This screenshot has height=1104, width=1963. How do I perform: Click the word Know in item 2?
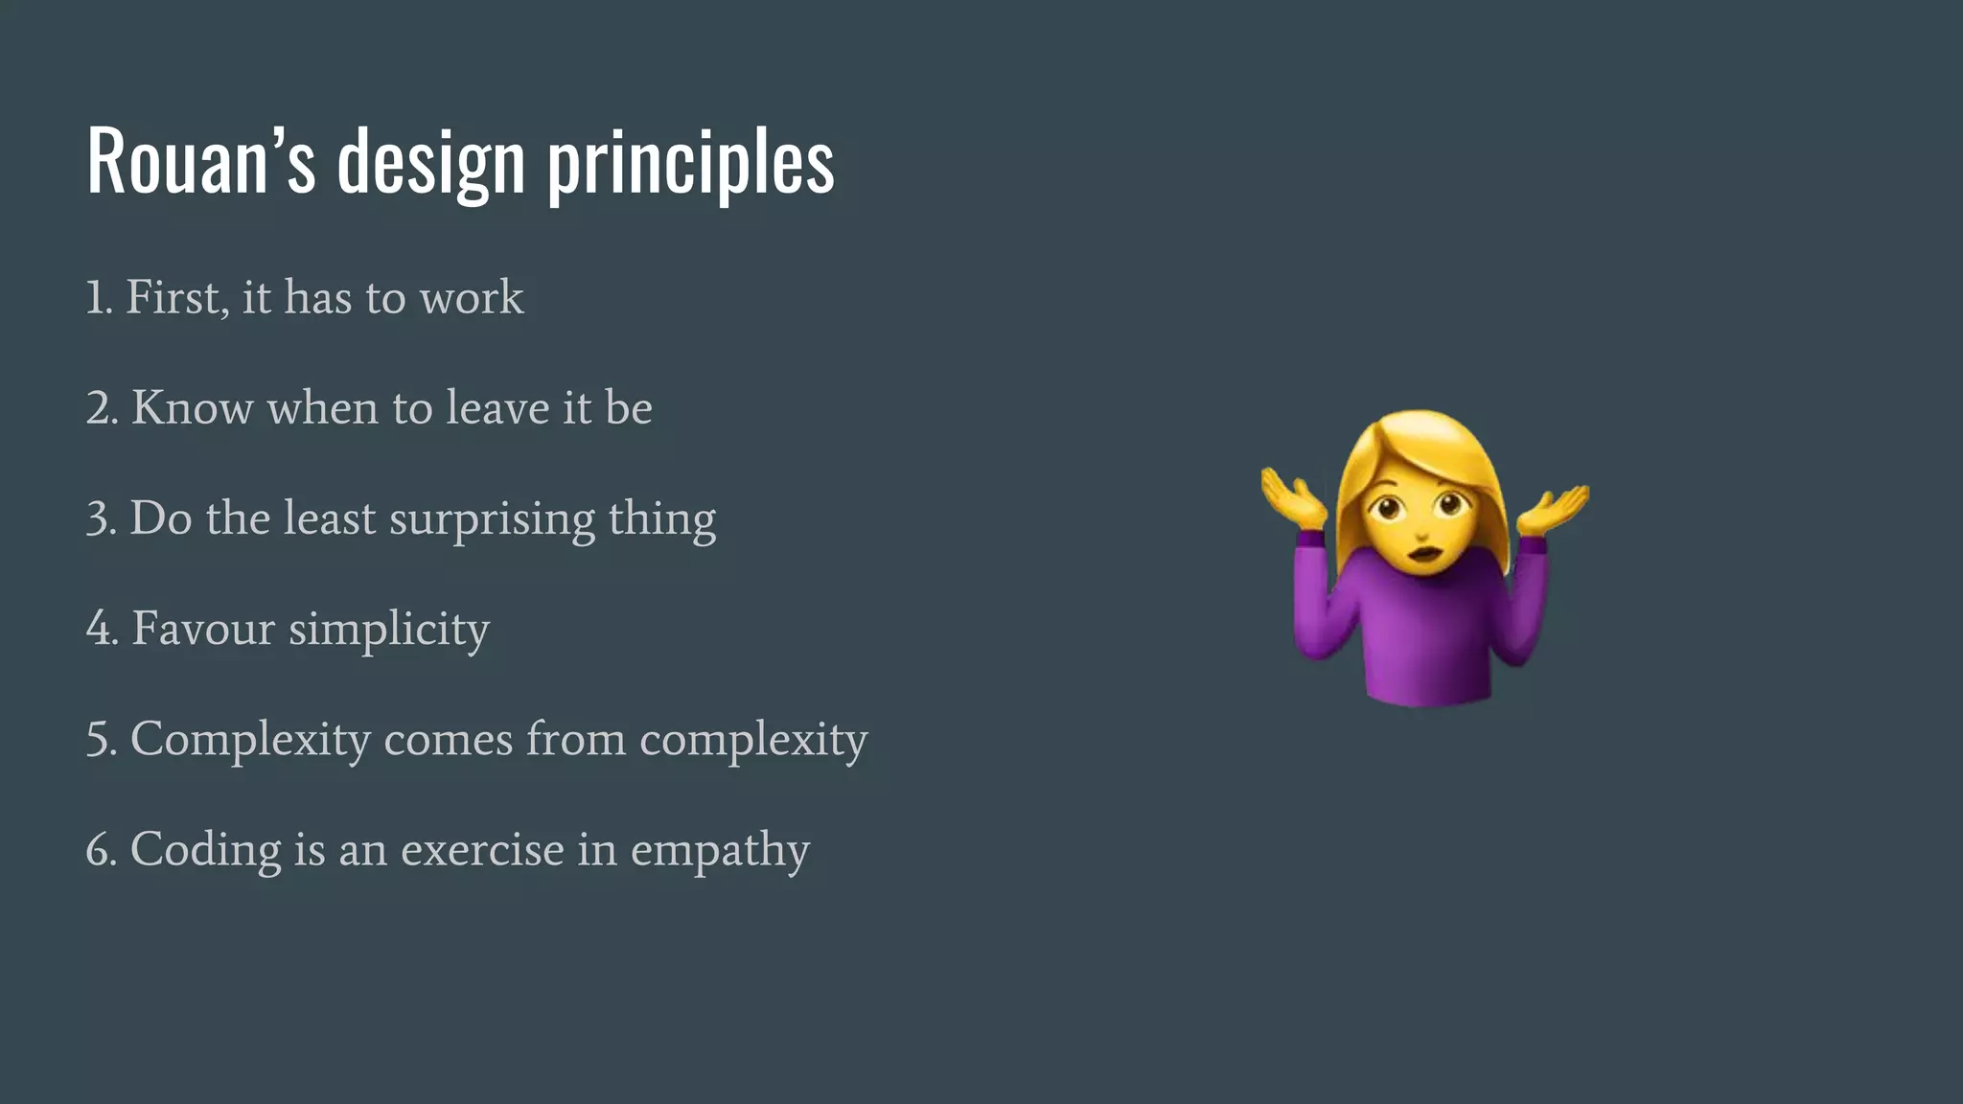(192, 408)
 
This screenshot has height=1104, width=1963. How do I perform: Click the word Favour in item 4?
(203, 629)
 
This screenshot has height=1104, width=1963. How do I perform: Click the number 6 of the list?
(98, 850)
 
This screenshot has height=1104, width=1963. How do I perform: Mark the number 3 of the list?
(98, 518)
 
